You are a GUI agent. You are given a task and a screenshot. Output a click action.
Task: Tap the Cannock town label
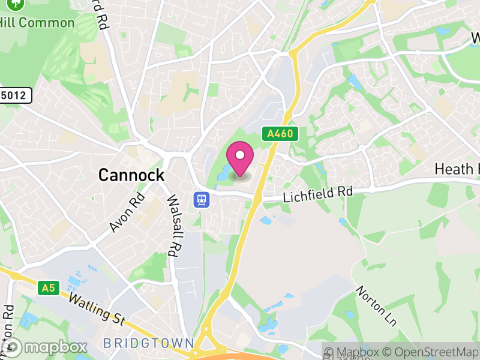(131, 175)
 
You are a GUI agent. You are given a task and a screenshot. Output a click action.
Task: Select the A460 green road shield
(280, 133)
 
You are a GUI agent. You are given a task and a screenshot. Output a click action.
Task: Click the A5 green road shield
(48, 289)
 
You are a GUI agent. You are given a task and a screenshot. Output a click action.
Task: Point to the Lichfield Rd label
(317, 194)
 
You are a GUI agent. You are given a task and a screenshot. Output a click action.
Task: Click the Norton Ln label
(377, 306)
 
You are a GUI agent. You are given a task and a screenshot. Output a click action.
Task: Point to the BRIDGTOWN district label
(149, 344)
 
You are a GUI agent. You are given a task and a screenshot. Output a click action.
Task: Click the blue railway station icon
(201, 199)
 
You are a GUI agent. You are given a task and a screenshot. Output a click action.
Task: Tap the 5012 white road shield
(14, 95)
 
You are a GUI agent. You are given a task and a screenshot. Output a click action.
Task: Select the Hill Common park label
(37, 23)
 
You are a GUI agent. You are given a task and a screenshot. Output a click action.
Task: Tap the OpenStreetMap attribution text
(432, 352)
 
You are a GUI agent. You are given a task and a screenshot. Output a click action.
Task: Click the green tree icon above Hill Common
(16, 4)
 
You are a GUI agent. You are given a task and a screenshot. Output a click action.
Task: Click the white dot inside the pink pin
(240, 155)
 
